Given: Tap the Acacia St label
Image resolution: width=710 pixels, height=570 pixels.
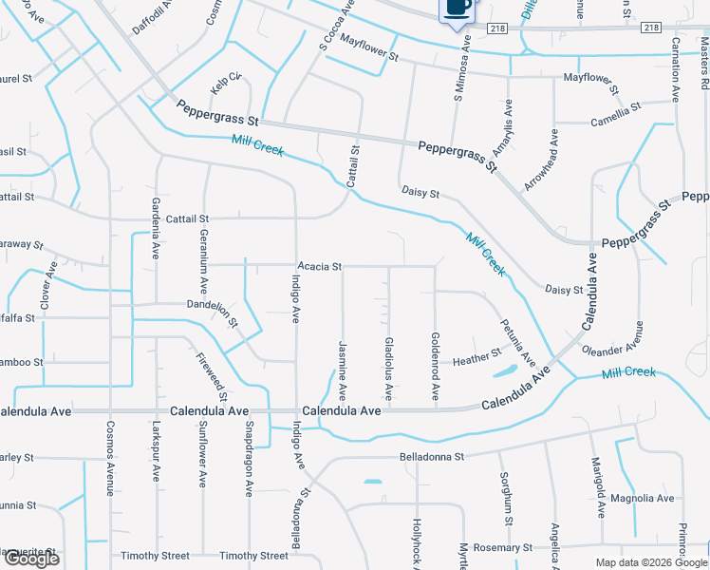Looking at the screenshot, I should (x=319, y=267).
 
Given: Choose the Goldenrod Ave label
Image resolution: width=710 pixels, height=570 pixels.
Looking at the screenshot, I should (x=435, y=365).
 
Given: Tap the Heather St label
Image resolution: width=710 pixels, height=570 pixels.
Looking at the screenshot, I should (x=476, y=358).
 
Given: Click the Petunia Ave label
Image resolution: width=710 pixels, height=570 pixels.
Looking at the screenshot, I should (x=518, y=342).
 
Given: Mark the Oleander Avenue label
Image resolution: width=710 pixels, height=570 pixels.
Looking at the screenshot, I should (x=612, y=336).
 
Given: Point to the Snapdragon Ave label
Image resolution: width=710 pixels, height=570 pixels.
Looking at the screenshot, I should (x=250, y=460).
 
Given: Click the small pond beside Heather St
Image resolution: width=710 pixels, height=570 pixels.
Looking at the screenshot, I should (x=504, y=370).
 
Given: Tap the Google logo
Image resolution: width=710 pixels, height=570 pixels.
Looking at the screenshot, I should (x=30, y=560).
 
